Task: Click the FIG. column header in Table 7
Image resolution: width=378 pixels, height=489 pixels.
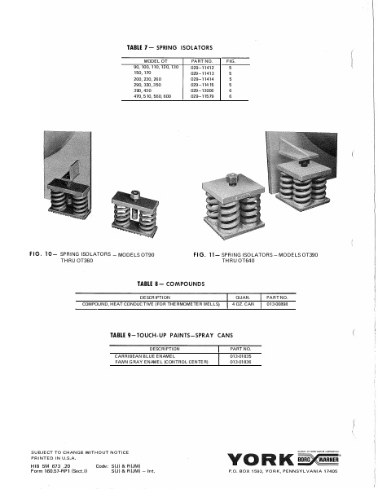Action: click(x=231, y=61)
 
